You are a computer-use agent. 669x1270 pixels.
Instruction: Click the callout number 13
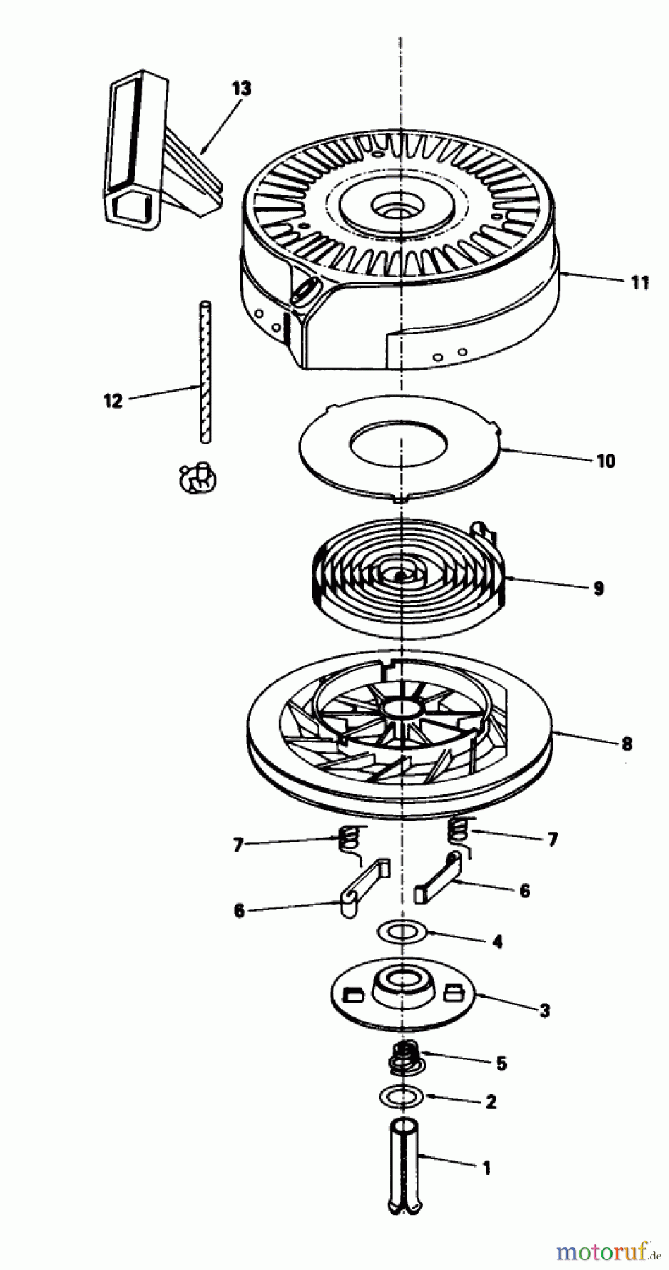[x=240, y=89]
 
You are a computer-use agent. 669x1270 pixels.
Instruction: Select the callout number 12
[x=113, y=400]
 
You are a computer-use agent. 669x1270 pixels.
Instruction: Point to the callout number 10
[x=606, y=461]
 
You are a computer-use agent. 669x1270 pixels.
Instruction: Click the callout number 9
[x=599, y=588]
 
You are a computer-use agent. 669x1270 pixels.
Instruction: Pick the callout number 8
[x=627, y=744]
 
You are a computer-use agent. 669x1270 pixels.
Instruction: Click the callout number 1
[x=486, y=1168]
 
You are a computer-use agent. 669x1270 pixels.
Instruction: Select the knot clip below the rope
[x=198, y=478]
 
